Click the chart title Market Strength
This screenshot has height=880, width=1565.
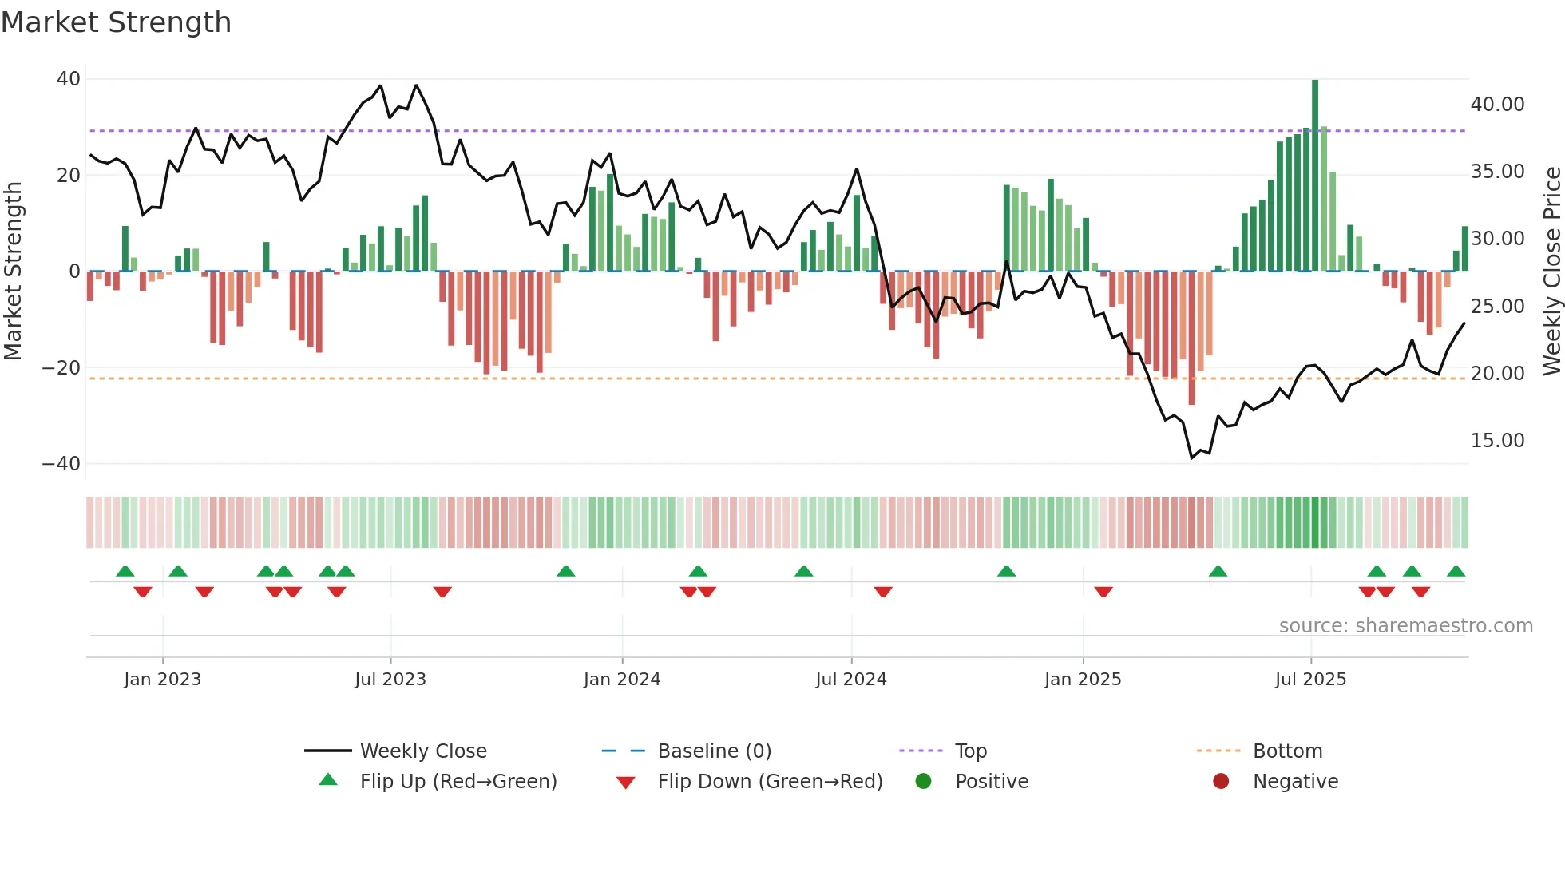click(x=116, y=22)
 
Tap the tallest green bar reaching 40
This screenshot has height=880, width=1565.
click(x=1315, y=176)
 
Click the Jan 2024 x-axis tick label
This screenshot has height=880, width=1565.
click(x=622, y=680)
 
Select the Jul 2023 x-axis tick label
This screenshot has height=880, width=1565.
click(x=390, y=680)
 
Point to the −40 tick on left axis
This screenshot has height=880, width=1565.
click(x=61, y=464)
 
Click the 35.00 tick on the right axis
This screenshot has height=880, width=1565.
click(x=1497, y=172)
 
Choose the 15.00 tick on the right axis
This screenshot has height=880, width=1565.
click(x=1497, y=441)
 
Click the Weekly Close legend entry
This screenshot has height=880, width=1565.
click(x=422, y=751)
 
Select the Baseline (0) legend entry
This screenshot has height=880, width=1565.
click(x=714, y=751)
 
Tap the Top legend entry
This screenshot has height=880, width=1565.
click(x=970, y=751)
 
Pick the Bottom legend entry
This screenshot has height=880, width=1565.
click(x=1287, y=751)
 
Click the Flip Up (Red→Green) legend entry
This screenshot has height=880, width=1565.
click(x=458, y=782)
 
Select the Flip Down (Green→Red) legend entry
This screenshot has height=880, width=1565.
click(x=770, y=782)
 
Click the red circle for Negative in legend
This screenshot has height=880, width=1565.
click(x=1221, y=782)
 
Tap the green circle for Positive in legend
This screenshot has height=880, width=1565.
click(x=924, y=782)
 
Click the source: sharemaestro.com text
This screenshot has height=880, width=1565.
click(x=1405, y=626)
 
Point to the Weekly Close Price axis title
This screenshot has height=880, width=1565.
click(x=1551, y=272)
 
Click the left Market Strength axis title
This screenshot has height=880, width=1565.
click(x=13, y=272)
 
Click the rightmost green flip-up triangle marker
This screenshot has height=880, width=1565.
click(x=1456, y=572)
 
